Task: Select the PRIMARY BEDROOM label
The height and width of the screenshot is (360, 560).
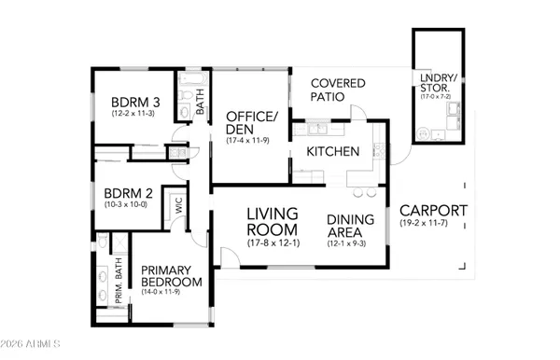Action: pos(171,276)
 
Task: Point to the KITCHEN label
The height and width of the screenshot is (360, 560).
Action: pos(333,151)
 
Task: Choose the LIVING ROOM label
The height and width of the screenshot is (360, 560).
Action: pos(272,221)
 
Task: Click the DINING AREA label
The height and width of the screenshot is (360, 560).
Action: pos(352,228)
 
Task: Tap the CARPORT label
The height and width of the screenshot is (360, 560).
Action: pos(434,211)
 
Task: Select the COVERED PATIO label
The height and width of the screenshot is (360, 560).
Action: pos(338,90)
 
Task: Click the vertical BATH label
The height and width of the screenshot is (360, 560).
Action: pos(200,104)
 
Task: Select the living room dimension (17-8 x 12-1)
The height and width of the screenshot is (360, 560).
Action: pos(272,242)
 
